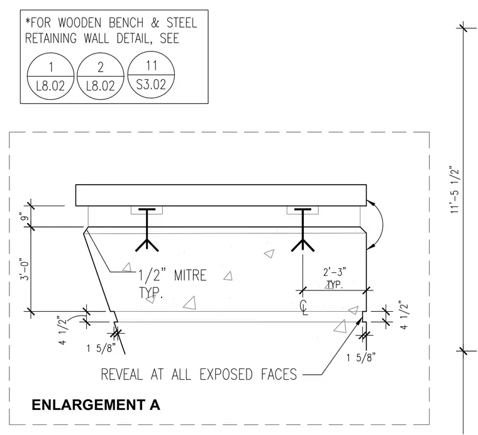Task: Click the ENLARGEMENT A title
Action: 96,405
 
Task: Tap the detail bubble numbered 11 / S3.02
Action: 151,75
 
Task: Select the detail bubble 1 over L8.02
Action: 50,76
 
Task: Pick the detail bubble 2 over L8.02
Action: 101,76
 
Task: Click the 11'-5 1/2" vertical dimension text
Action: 454,189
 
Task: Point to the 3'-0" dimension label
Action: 25,269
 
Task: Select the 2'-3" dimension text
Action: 335,272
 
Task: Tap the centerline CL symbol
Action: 304,307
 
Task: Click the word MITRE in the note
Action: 190,275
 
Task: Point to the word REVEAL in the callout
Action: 121,375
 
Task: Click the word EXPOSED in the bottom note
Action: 226,375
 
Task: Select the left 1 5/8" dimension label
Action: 101,348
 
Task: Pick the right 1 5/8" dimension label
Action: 361,357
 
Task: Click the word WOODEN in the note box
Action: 80,23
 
